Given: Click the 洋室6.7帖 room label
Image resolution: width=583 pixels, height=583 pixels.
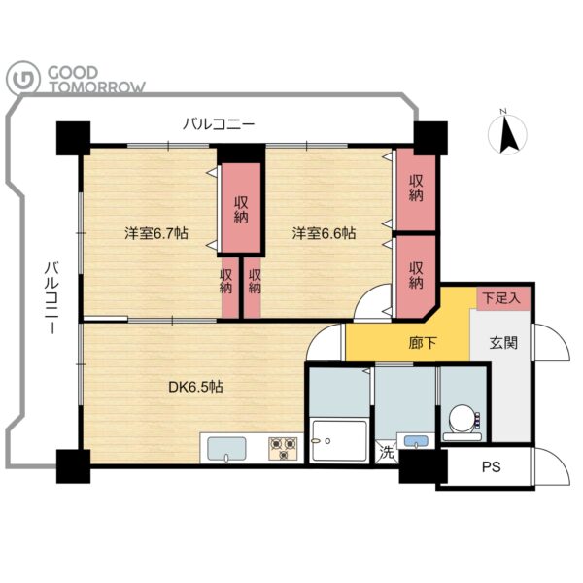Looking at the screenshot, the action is (x=156, y=233).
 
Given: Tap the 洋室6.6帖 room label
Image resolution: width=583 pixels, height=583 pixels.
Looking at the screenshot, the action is (x=324, y=233).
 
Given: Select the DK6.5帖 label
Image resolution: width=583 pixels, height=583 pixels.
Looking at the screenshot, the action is (x=195, y=387).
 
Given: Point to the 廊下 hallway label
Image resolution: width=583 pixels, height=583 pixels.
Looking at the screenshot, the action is (x=422, y=343).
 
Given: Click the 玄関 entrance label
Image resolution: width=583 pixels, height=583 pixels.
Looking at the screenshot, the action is (x=503, y=343).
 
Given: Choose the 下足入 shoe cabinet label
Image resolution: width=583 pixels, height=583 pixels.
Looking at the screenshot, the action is (x=502, y=298).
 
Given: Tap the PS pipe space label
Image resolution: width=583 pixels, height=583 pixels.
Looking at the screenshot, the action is (x=491, y=466).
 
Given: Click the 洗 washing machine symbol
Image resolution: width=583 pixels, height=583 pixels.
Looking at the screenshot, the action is (x=387, y=452).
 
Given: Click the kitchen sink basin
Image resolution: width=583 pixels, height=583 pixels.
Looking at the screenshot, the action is (x=226, y=450).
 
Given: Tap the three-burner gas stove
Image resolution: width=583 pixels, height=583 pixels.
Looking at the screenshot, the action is (x=284, y=448).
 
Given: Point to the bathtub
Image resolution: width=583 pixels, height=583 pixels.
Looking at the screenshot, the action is (x=339, y=440).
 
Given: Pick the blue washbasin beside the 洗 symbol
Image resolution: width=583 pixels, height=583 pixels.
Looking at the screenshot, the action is (x=416, y=441).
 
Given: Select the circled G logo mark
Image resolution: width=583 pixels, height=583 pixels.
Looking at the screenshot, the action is (x=23, y=78).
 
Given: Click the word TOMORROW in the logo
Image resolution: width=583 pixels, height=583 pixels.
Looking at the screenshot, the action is (x=97, y=87).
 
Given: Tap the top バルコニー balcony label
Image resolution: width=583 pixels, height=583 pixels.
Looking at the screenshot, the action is (x=219, y=124).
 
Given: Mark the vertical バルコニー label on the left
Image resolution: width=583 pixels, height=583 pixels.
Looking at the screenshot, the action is (x=52, y=298).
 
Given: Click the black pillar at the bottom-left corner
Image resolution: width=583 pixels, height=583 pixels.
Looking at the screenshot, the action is (x=73, y=466).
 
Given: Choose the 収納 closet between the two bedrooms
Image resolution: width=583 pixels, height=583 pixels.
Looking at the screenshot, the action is (x=241, y=210).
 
